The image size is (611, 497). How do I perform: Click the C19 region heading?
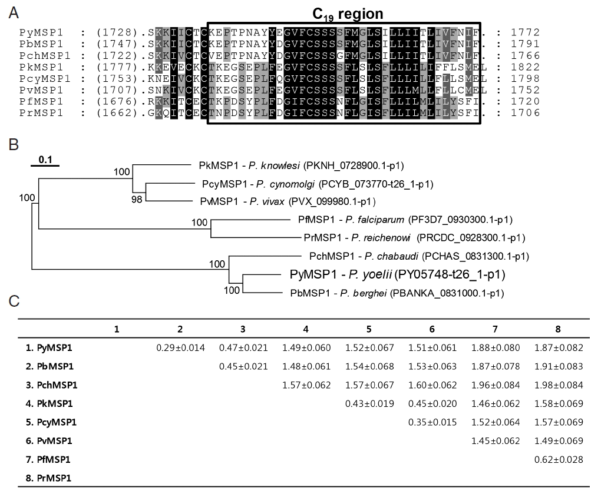click(x=347, y=14)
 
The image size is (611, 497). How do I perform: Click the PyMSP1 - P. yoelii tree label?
click(x=397, y=274)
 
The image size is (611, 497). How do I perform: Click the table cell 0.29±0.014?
click(x=180, y=347)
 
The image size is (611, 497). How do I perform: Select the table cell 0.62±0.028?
click(x=559, y=459)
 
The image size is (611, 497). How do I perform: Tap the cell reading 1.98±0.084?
click(x=559, y=385)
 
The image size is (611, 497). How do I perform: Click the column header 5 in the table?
click(x=369, y=328)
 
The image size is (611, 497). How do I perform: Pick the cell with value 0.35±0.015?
click(x=432, y=422)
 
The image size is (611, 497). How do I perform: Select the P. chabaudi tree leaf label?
click(x=418, y=256)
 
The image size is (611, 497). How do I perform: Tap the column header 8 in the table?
click(x=558, y=328)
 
